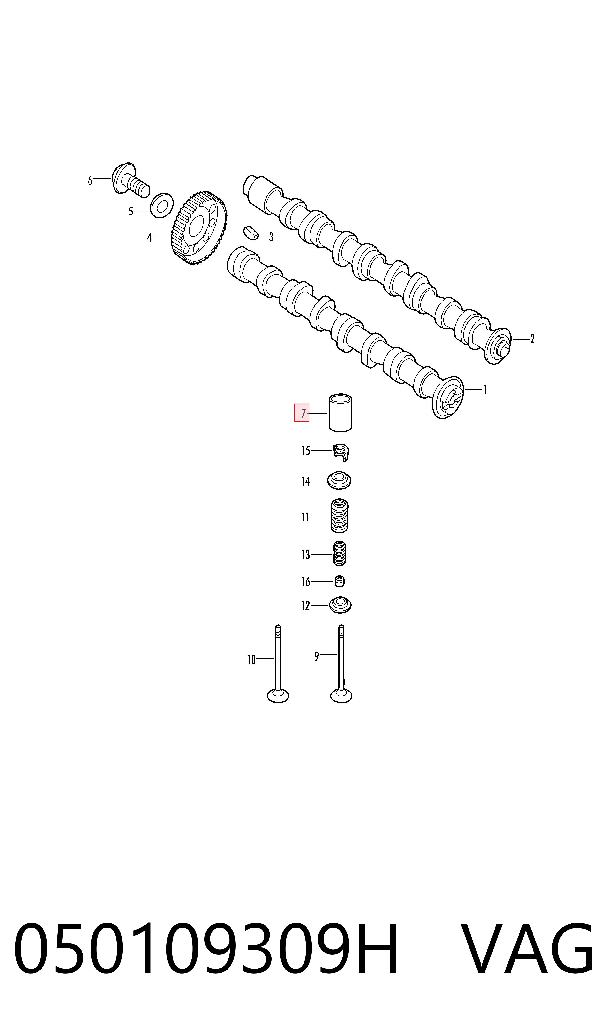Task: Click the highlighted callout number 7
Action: pyautogui.click(x=302, y=413)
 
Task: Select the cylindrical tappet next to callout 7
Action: pyautogui.click(x=341, y=413)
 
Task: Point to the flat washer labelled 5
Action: pyautogui.click(x=161, y=205)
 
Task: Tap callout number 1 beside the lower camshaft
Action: pyautogui.click(x=485, y=390)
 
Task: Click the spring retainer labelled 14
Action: pyautogui.click(x=339, y=481)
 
